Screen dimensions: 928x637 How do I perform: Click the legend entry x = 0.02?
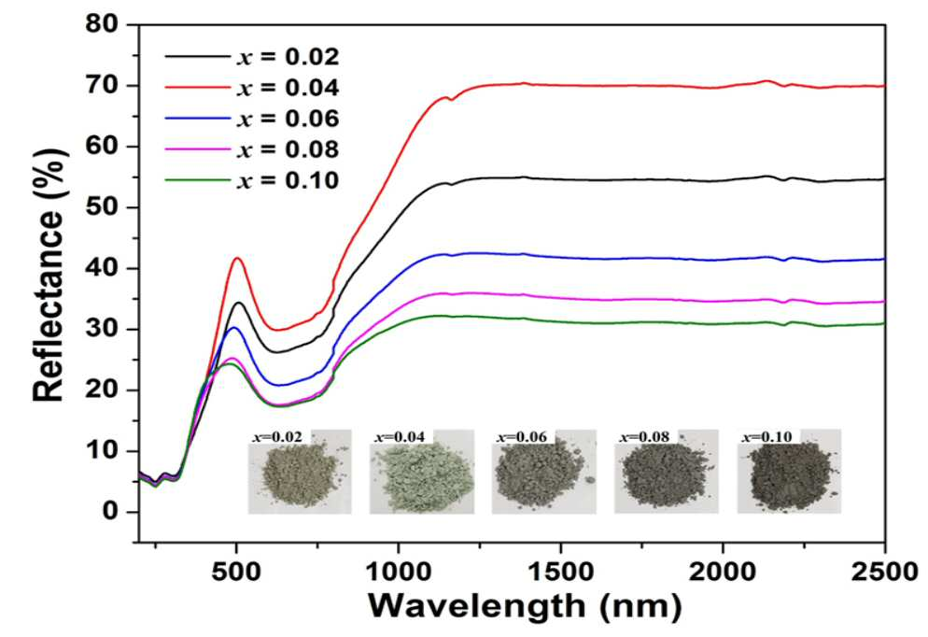coord(252,57)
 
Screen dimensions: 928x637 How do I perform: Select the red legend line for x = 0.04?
coord(197,88)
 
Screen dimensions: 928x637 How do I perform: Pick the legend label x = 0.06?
coord(288,119)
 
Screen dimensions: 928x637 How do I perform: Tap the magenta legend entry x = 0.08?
coord(252,149)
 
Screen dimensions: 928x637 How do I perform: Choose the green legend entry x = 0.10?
coord(252,180)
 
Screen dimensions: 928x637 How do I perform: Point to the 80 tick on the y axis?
coord(102,24)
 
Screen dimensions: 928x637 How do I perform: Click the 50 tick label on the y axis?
coord(102,207)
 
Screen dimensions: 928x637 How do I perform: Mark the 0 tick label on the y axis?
coord(110,512)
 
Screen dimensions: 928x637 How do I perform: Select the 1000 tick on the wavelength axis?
coord(399,572)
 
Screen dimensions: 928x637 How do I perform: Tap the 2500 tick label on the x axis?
coord(885,572)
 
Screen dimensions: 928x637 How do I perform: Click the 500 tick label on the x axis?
coord(236,572)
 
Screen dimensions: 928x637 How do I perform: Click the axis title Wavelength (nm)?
coord(525,605)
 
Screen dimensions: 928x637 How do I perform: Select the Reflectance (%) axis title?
coord(48,275)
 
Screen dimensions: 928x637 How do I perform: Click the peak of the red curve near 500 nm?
coord(237,258)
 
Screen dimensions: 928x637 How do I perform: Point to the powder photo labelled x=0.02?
coord(300,472)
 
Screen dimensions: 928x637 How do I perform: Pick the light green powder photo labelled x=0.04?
coord(422,472)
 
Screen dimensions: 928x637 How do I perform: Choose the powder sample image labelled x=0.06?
coord(544,472)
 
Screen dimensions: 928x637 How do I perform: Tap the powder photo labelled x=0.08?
coord(667,472)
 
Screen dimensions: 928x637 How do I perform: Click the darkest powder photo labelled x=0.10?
coord(789,472)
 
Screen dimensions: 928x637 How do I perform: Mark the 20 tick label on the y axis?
coord(102,389)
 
